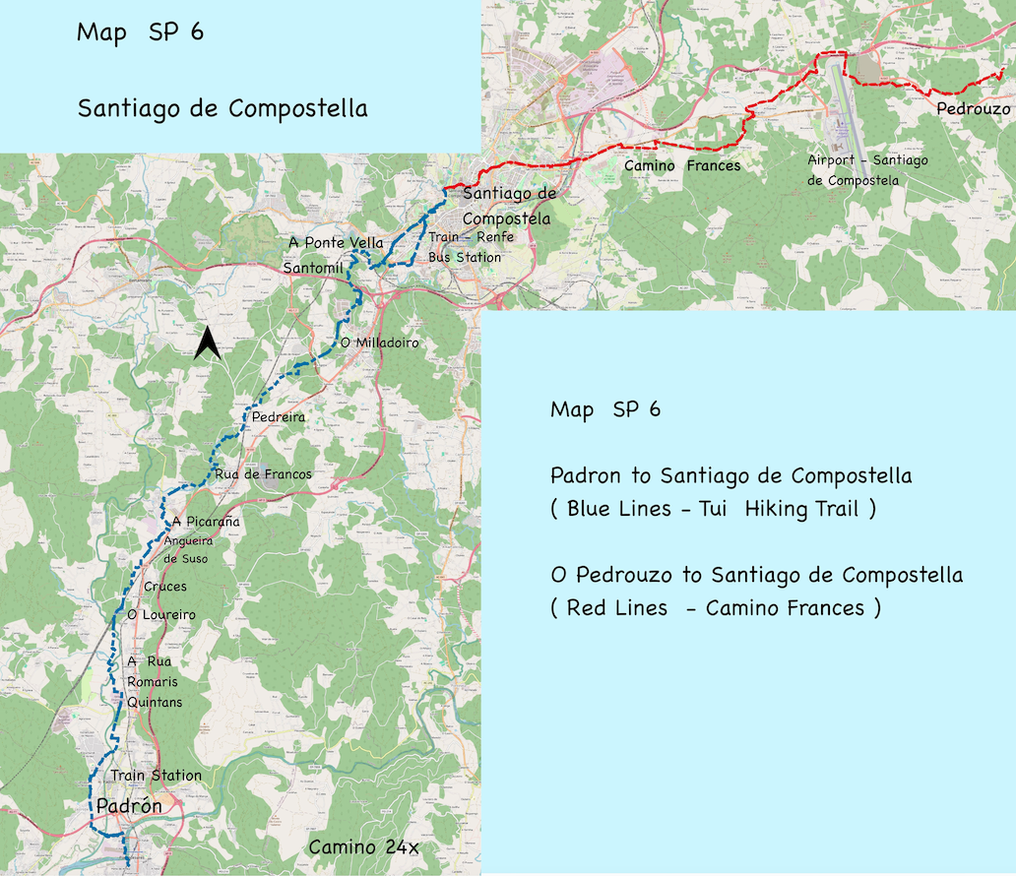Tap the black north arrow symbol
pos(207,344)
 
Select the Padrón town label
pos(128,807)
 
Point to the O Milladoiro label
pos(379,343)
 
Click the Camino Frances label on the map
pos(682,166)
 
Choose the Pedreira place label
pos(279,417)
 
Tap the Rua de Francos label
pos(263,474)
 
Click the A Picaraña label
pos(205,521)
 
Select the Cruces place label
pos(165,587)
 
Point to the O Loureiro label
pos(161,615)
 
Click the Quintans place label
pos(155,702)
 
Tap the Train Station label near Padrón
pos(156,776)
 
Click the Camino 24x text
pos(364,847)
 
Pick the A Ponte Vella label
pos(336,242)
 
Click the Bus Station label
pos(464,257)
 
